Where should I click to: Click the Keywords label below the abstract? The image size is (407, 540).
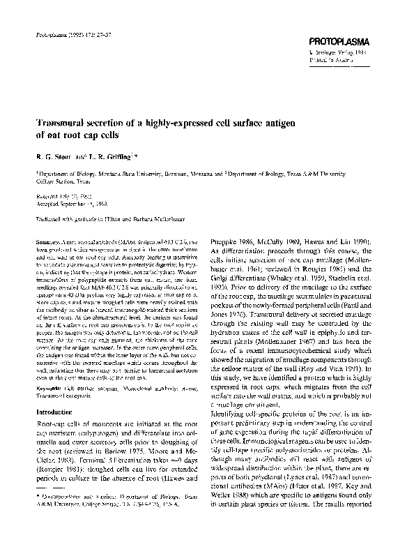point(49,386)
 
